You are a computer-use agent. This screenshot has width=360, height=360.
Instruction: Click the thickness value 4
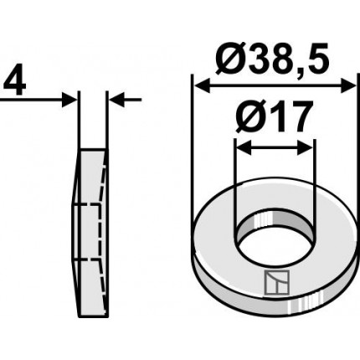(15, 80)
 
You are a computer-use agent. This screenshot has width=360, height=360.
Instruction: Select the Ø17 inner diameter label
(273, 116)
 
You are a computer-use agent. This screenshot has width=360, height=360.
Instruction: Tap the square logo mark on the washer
(276, 282)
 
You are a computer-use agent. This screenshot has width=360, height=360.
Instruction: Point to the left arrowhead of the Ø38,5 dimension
(202, 86)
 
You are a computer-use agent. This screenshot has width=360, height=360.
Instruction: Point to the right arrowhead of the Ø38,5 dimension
(349, 86)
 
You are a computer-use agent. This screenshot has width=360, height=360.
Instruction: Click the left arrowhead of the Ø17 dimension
(244, 147)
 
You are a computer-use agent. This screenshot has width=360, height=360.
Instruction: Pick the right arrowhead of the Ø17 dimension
(306, 147)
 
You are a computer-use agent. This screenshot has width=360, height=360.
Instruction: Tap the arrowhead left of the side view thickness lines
(69, 100)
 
